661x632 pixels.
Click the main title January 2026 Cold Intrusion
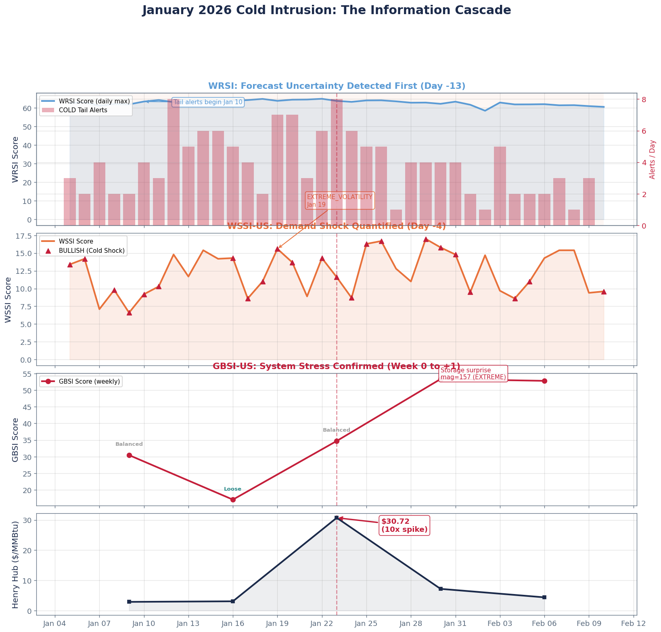326,10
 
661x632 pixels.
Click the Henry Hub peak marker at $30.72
337,518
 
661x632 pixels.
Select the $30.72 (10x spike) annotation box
404,525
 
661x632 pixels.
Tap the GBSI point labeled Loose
233,500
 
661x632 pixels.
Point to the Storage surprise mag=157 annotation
473,374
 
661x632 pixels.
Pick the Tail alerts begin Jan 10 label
208,102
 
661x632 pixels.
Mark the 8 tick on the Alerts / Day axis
644,99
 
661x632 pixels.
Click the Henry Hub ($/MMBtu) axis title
16,564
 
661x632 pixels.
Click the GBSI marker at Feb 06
544,381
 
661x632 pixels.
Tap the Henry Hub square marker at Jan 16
233,601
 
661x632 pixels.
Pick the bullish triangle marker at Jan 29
426,239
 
